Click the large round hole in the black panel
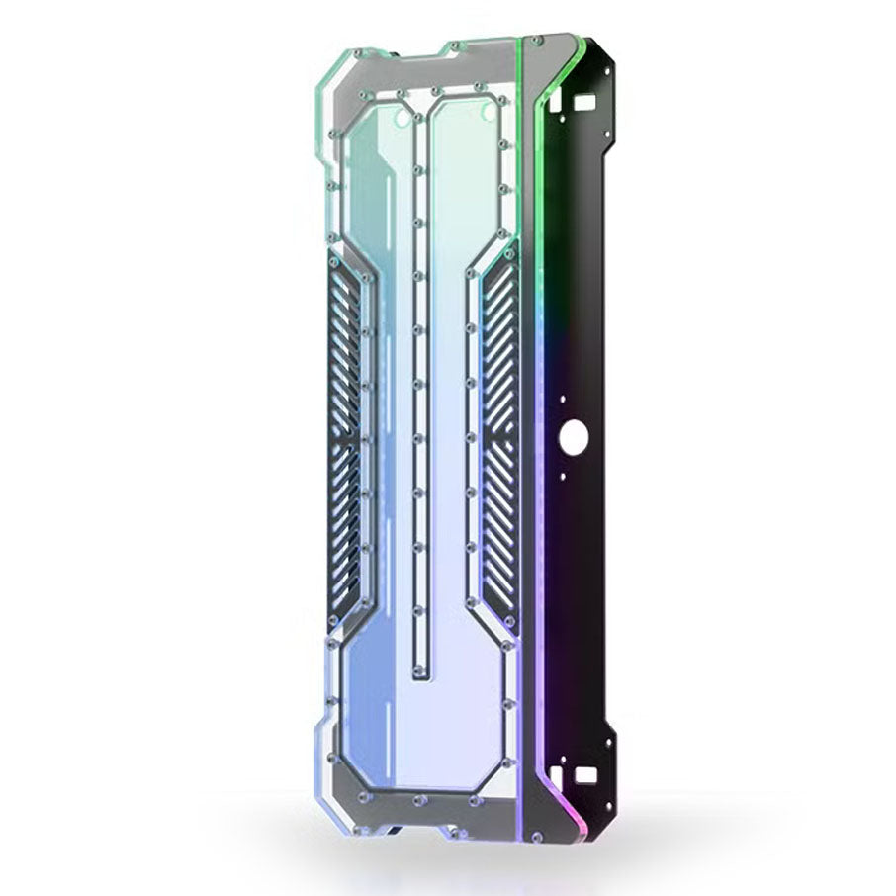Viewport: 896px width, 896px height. [x=571, y=435]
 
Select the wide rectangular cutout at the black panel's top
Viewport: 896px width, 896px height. [x=584, y=101]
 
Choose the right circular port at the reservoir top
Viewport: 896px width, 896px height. [x=487, y=118]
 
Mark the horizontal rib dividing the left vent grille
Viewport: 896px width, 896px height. [x=349, y=436]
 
